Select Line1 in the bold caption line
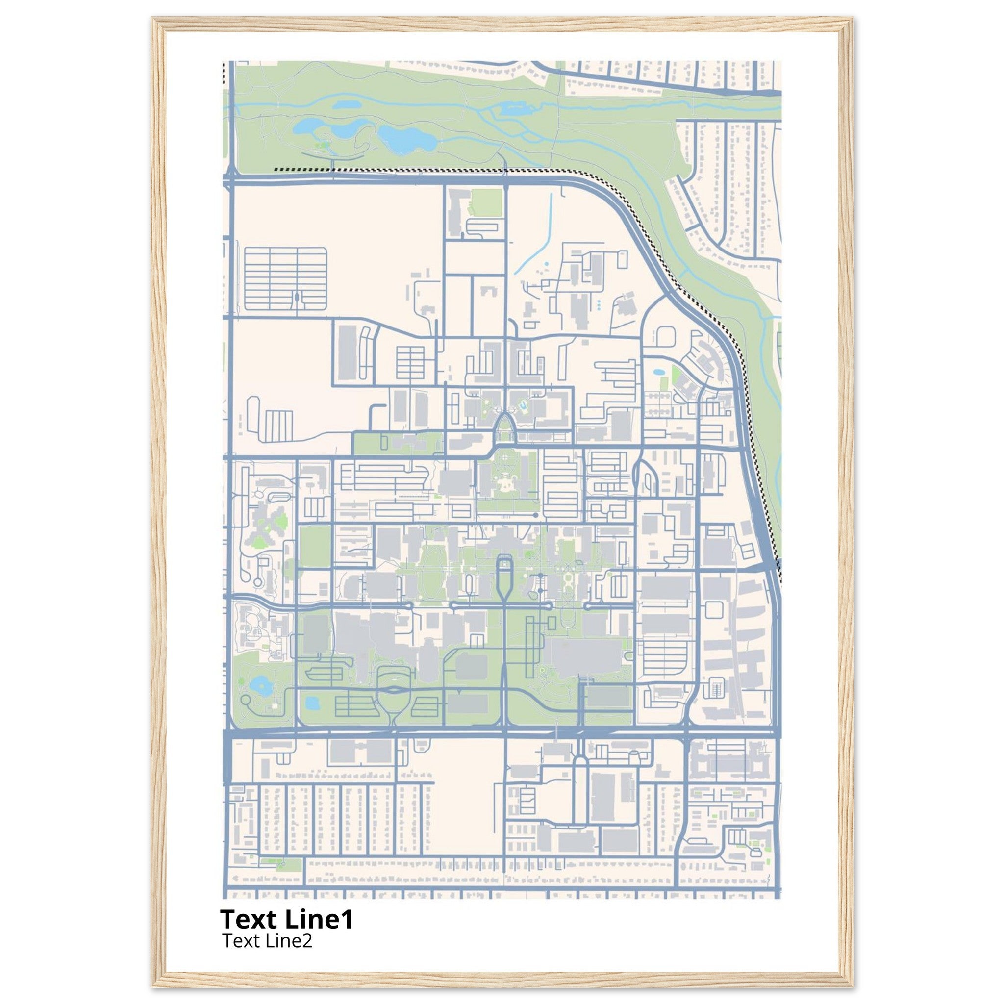[319, 919]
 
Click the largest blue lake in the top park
[406, 138]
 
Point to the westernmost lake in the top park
[306, 126]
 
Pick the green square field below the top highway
[486, 203]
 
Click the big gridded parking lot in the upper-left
[285, 277]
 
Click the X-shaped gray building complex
[268, 524]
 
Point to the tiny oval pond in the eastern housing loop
[658, 372]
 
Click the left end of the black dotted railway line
[276, 169]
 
